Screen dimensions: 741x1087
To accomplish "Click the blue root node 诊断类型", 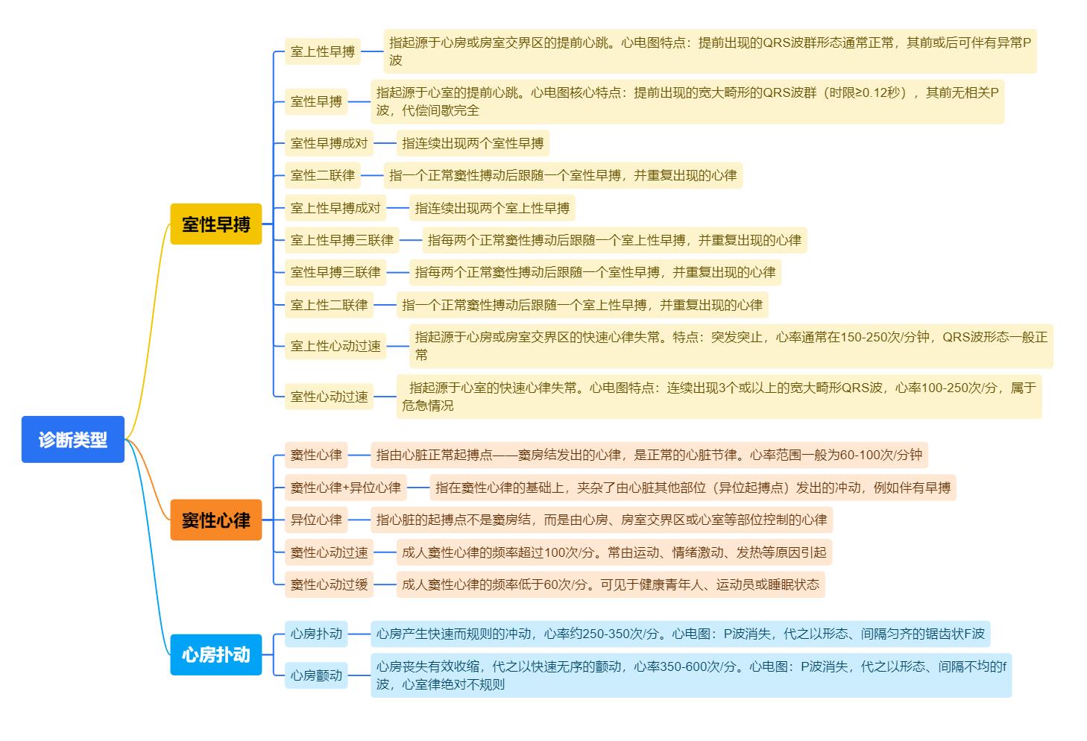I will pyautogui.click(x=72, y=439).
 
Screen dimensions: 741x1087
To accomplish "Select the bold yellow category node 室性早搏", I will pyautogui.click(x=216, y=224).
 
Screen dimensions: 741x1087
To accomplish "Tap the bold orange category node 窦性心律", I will pyautogui.click(x=216, y=520).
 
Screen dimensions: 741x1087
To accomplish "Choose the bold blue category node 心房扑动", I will pyautogui.click(x=216, y=655).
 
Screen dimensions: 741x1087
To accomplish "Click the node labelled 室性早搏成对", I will pyautogui.click(x=329, y=143).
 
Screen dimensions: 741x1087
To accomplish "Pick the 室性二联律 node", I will pyautogui.click(x=323, y=175).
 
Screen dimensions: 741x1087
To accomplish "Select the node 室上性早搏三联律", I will pyautogui.click(x=341, y=240).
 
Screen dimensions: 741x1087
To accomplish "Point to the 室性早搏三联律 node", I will pyautogui.click(x=335, y=272).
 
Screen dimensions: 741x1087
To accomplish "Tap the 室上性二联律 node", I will pyautogui.click(x=329, y=305).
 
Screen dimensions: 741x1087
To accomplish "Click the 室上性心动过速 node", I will pyautogui.click(x=335, y=346).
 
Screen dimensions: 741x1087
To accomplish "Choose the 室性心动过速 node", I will pyautogui.click(x=329, y=397).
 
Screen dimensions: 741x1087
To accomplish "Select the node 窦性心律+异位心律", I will pyautogui.click(x=345, y=488).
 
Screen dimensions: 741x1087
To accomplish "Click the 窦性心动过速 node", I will pyautogui.click(x=329, y=552).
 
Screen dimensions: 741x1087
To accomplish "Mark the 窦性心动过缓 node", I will pyautogui.click(x=329, y=584).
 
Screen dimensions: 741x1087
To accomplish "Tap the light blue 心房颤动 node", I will pyautogui.click(x=316, y=675).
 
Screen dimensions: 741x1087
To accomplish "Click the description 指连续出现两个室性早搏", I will pyautogui.click(x=473, y=143).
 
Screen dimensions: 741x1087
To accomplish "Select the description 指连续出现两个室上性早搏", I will pyautogui.click(x=492, y=208).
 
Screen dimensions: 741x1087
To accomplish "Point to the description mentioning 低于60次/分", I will pyautogui.click(x=610, y=584).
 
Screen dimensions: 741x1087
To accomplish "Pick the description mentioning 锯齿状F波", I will pyautogui.click(x=680, y=634).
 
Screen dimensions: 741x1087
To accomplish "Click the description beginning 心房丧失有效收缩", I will pyautogui.click(x=690, y=675).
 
